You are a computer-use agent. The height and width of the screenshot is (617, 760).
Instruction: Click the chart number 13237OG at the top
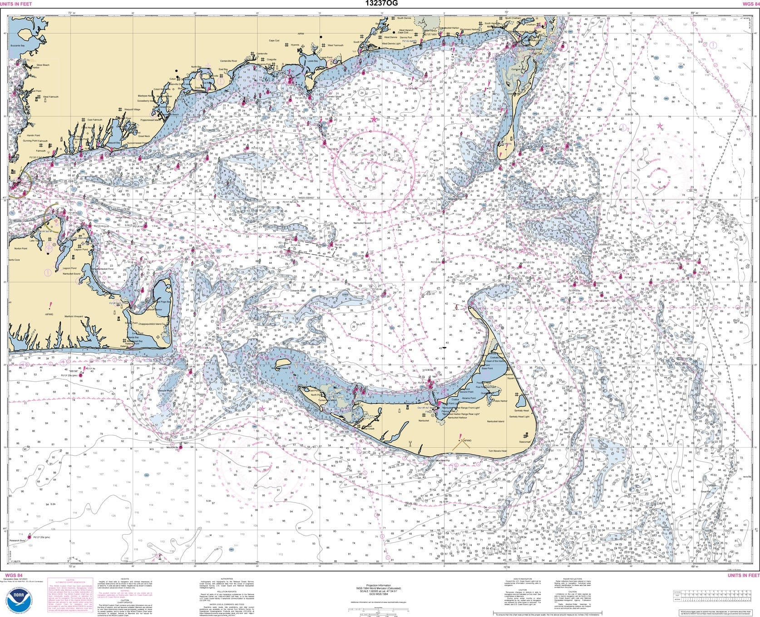click(380, 4)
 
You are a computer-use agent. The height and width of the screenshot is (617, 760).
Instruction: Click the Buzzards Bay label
click(18, 46)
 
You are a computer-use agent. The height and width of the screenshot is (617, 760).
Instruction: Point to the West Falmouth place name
click(50, 96)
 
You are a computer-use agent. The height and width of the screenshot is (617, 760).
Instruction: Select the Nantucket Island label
click(495, 421)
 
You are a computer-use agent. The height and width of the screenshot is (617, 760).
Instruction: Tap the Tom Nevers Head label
click(497, 451)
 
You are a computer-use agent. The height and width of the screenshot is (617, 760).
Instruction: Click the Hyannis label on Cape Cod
click(295, 45)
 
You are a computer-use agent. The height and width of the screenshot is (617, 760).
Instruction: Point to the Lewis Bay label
click(313, 60)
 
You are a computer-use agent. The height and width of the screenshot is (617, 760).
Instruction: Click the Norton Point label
click(21, 249)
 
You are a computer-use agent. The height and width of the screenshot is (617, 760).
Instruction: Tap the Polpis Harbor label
click(500, 401)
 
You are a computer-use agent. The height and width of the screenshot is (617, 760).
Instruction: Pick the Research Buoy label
click(17, 541)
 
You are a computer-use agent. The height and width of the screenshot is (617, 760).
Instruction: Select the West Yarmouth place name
click(336, 45)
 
